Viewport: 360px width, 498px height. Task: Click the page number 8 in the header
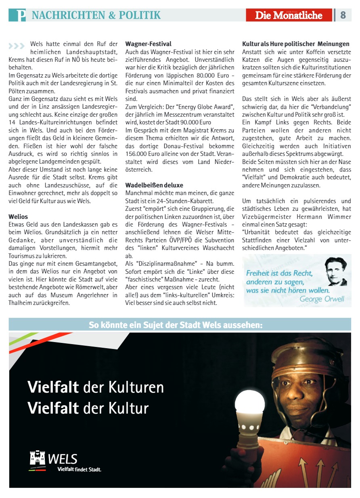coord(343,15)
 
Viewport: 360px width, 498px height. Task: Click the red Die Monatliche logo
coord(289,15)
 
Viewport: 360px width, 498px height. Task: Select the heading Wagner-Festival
coord(148,44)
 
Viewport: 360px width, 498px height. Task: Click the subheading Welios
coord(18,216)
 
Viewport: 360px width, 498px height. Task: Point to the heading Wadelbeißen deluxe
coord(154,185)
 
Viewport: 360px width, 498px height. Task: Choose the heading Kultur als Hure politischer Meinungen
coord(295,44)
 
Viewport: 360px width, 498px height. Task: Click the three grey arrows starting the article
coord(16,46)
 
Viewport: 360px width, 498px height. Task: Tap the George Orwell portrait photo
coord(335,271)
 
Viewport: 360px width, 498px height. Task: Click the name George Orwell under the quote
coord(322,299)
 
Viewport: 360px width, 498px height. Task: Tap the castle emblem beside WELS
coord(38,458)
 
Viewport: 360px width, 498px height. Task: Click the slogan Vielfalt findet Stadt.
coord(79,469)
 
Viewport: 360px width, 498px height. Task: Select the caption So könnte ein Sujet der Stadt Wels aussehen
coord(176,325)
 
